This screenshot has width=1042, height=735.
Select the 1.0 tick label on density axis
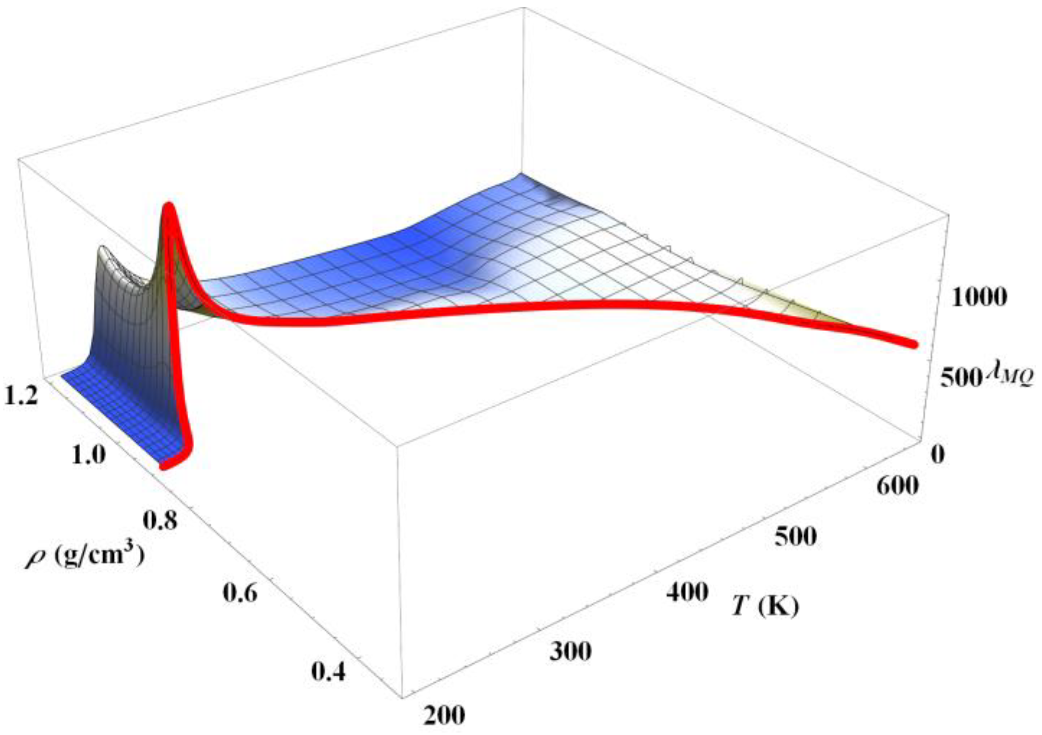(x=88, y=454)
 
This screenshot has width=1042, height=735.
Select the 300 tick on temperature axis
(x=570, y=652)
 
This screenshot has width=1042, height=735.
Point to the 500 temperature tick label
(x=795, y=536)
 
